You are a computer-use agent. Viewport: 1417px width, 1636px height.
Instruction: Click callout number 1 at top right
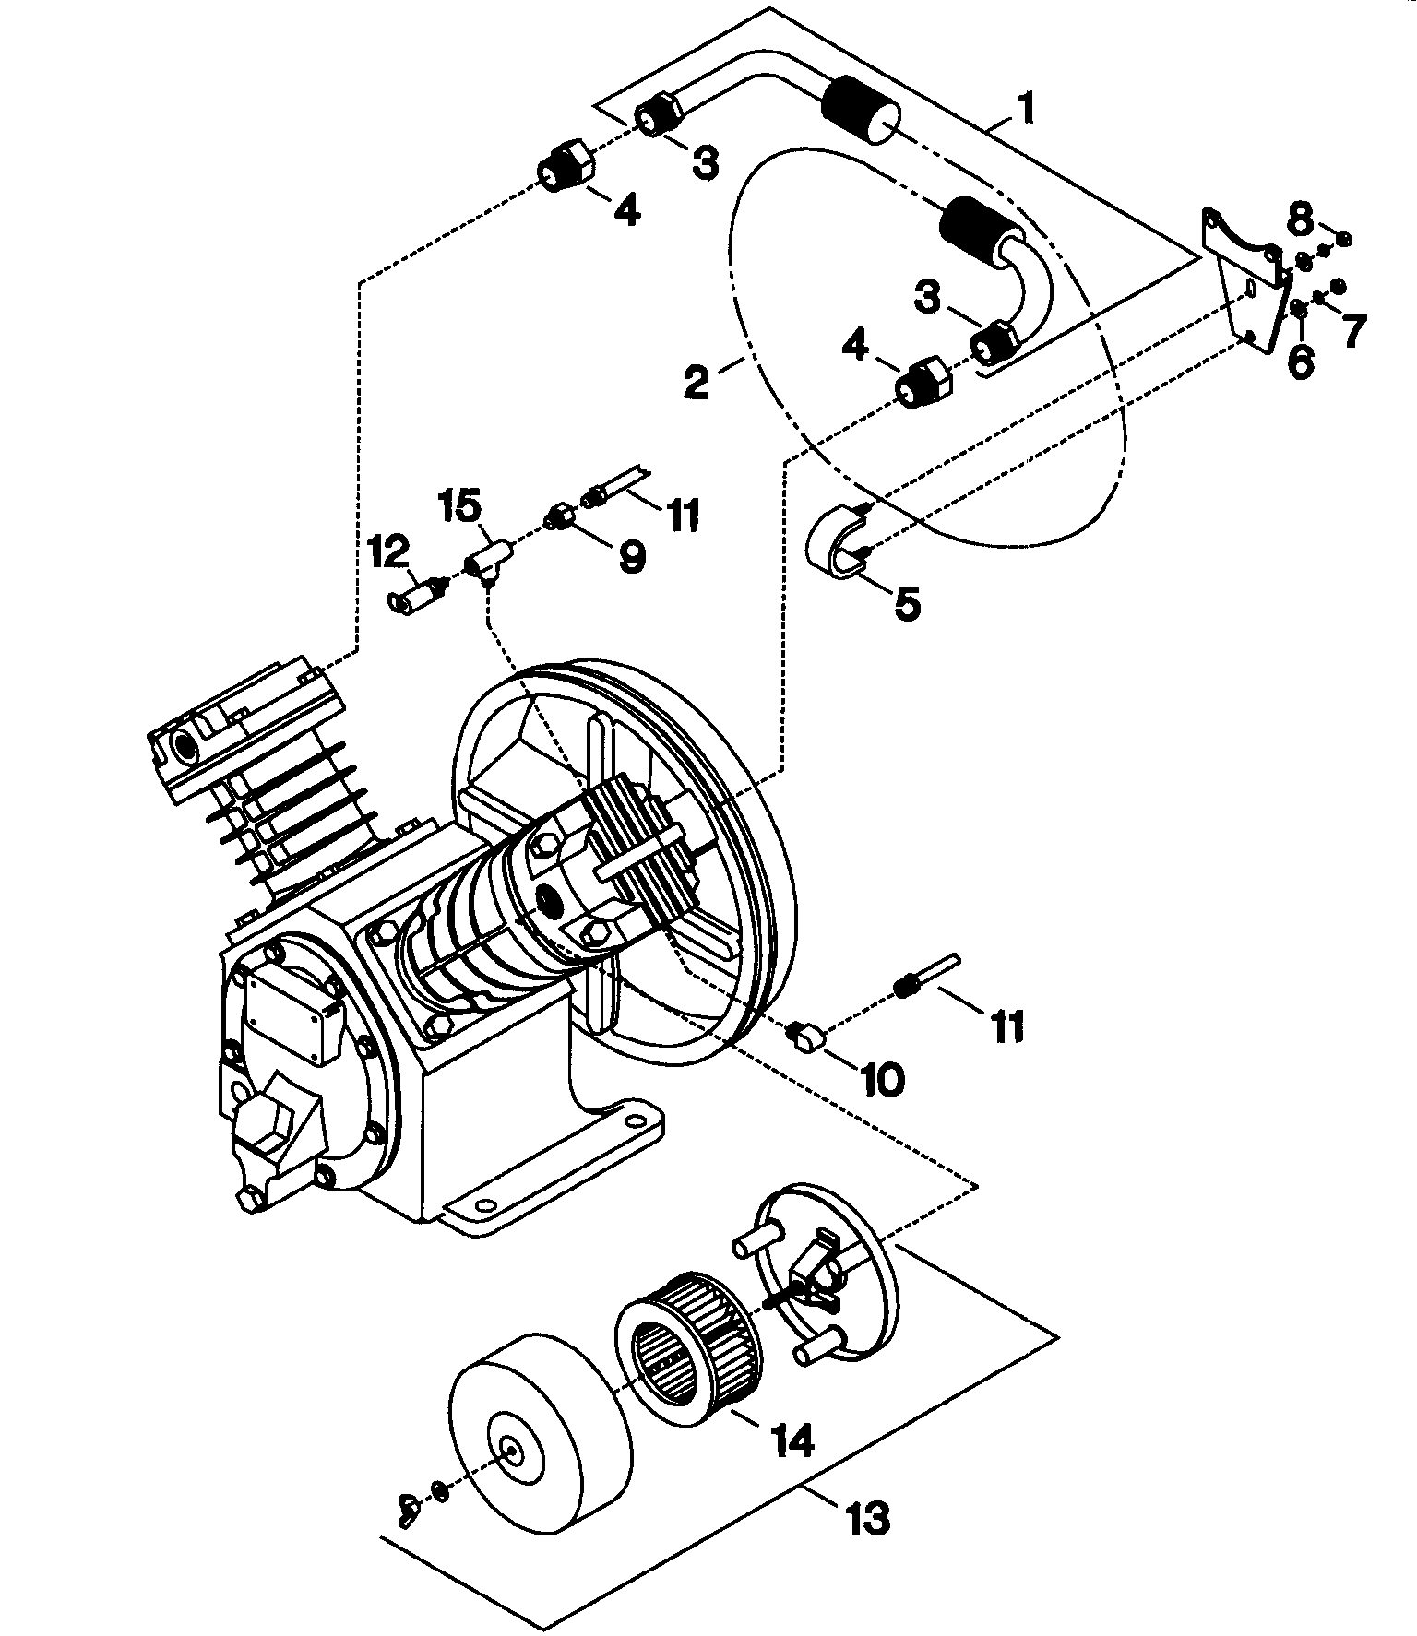pos(1025,108)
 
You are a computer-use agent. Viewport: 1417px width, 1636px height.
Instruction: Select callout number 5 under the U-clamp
pos(906,604)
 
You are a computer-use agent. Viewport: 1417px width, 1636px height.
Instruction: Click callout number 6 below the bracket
pos(1300,360)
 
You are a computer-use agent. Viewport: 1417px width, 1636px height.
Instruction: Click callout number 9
pos(632,555)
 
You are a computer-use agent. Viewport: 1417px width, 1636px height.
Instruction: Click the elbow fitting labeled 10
pos(806,1037)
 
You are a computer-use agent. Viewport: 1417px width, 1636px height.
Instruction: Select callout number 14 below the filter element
pos(794,1438)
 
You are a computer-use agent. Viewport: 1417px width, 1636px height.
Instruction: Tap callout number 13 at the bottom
pos(866,1516)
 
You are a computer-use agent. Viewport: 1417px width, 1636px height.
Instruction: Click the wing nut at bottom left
pos(408,1509)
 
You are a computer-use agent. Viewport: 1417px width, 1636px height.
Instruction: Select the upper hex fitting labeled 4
pos(565,167)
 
